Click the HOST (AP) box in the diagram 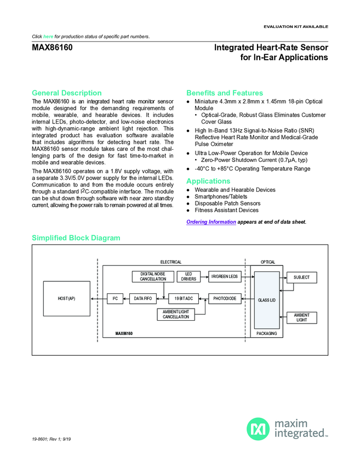(x=66, y=298)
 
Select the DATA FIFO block (x=142, y=298)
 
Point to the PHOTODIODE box (x=225, y=298)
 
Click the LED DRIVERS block (x=188, y=276)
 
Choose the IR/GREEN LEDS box (x=225, y=277)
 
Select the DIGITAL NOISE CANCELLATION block (x=153, y=276)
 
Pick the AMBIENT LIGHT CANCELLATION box (x=176, y=315)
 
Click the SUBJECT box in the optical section (x=302, y=277)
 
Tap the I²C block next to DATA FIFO (x=115, y=298)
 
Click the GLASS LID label (x=267, y=300)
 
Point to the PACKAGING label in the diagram (x=267, y=333)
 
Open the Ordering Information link (x=211, y=221)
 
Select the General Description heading (x=67, y=93)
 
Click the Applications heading (x=208, y=181)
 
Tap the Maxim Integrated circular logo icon (x=258, y=428)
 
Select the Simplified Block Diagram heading (x=76, y=237)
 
